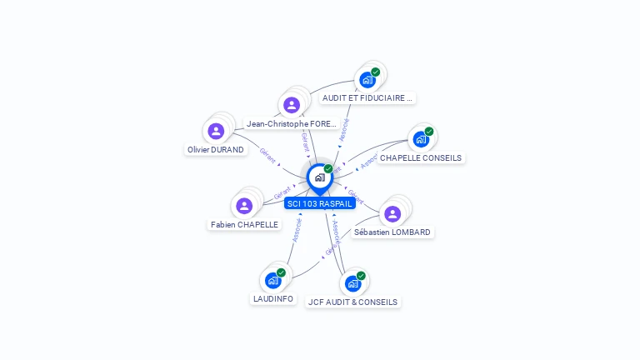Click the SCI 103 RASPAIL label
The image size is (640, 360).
pos(320,203)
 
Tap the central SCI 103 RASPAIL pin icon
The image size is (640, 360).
pos(319,177)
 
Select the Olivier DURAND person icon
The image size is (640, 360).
pos(216,131)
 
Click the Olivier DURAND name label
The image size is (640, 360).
pos(216,150)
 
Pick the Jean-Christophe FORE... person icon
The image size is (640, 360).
pos(292,105)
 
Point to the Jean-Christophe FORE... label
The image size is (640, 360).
pos(292,124)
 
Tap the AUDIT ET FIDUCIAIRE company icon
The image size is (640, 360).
pos(367,80)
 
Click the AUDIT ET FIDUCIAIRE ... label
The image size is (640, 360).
pos(367,98)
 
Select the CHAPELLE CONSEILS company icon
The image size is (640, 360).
pos(421,138)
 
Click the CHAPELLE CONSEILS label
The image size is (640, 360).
pos(421,157)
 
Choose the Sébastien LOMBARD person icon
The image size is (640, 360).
pos(392,213)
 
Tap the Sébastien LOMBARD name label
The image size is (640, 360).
pos(392,232)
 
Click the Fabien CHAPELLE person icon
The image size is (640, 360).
pos(244,206)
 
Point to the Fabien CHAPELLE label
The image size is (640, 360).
pos(245,225)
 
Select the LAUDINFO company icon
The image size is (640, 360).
pos(272,280)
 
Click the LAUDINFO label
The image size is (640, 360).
pos(273,298)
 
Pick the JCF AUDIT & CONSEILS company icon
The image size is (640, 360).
pos(352,283)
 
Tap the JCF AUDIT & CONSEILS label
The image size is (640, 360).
pos(352,302)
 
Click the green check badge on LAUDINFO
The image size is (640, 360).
pos(281,272)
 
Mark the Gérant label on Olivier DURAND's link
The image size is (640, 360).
pos(267,154)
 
